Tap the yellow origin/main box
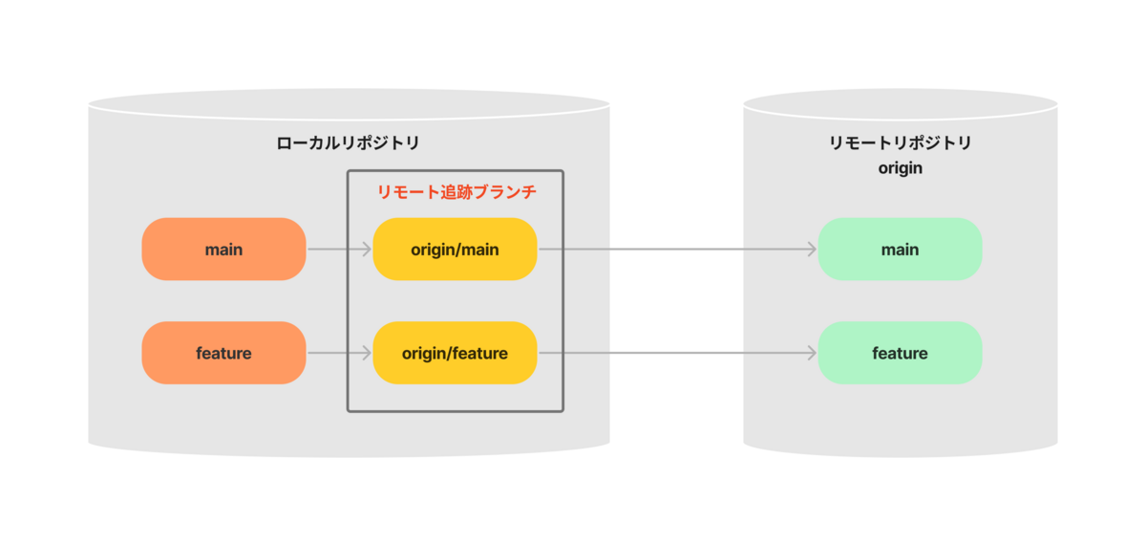[x=455, y=250]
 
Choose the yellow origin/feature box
[x=455, y=353]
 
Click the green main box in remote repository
[x=900, y=250]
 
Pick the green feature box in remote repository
[x=900, y=353]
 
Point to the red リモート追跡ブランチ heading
[x=456, y=192]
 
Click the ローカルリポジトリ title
[x=348, y=143]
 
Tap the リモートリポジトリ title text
[x=900, y=143]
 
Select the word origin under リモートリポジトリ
[x=900, y=168]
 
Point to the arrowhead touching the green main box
[x=812, y=250]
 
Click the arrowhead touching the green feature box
[x=812, y=353]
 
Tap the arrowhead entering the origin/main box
[x=367, y=250]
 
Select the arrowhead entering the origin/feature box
[x=367, y=353]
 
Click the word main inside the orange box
[x=223, y=250]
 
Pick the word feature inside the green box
[x=900, y=353]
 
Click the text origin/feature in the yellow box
[x=455, y=353]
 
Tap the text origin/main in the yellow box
[x=455, y=250]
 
